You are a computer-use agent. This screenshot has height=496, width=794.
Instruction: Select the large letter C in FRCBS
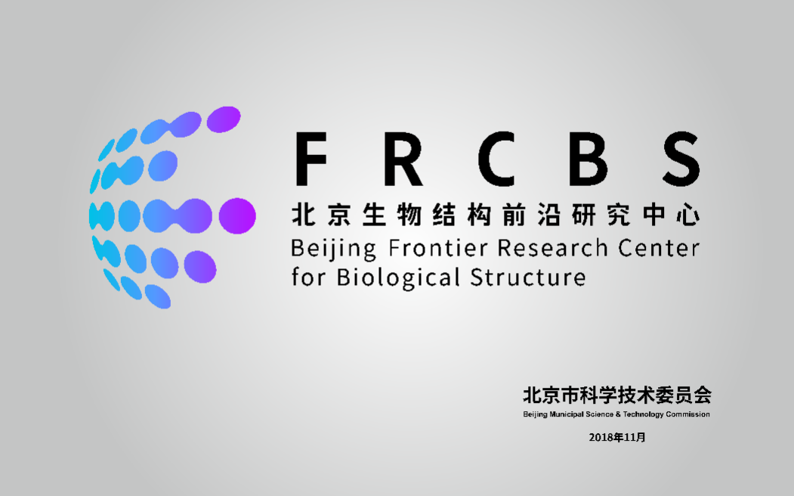(x=496, y=160)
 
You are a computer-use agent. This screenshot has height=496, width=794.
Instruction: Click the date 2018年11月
(x=617, y=438)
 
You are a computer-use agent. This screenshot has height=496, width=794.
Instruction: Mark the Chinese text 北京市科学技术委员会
(x=616, y=395)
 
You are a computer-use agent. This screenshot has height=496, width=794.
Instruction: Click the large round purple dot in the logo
(x=236, y=216)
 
